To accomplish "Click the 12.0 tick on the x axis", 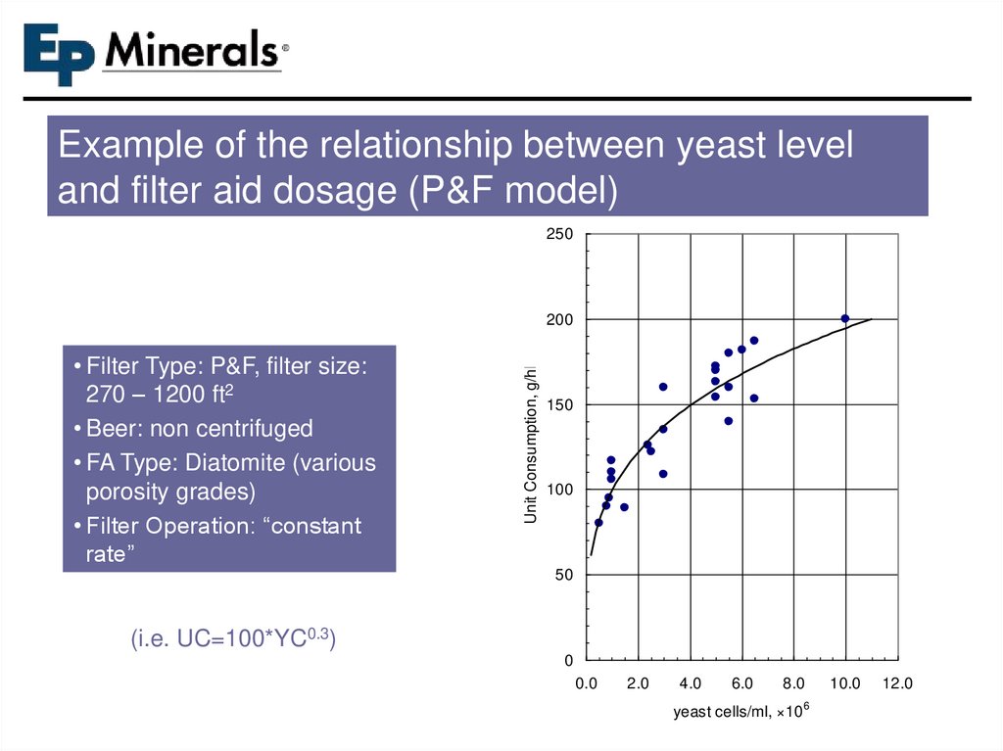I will (897, 684).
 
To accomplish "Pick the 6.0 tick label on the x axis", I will (741, 684).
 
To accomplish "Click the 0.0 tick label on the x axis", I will (586, 684).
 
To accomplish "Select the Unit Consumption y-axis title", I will (531, 444).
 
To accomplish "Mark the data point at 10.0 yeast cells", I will (845, 318).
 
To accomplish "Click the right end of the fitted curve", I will (871, 319).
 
